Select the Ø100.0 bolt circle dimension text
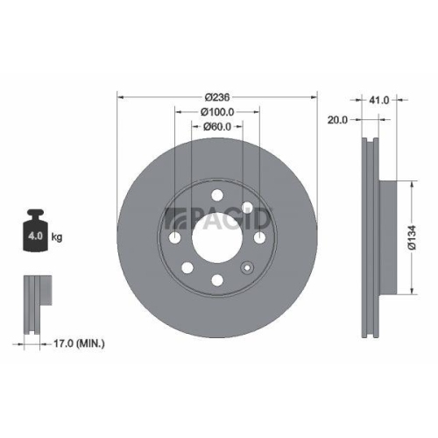click(216, 111)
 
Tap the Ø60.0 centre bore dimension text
click(216, 126)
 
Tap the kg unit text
click(58, 237)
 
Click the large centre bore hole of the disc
click(215, 237)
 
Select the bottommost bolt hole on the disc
click(215, 280)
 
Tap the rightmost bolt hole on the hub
click(260, 238)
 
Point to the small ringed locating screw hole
click(248, 208)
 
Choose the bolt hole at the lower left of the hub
click(187, 268)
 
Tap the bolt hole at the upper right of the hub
click(248, 208)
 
